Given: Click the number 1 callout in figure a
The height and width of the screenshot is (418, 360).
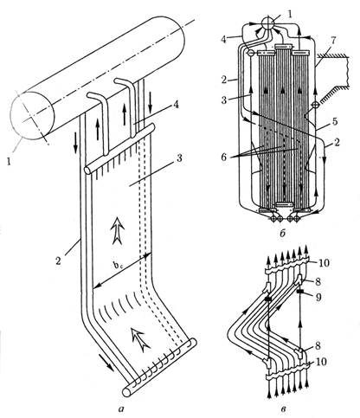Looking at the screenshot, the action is [x=9, y=161].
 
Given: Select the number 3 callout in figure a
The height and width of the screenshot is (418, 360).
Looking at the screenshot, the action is [x=179, y=158].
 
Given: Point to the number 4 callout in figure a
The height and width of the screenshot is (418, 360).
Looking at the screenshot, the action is [x=175, y=105].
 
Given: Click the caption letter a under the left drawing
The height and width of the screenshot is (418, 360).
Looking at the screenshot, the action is [x=121, y=408].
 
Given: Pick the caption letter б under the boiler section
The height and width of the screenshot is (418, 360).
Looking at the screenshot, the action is [x=283, y=233].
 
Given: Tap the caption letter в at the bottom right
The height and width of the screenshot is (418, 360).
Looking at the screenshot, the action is [x=283, y=409].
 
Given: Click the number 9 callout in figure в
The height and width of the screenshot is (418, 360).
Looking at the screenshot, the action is [x=318, y=297].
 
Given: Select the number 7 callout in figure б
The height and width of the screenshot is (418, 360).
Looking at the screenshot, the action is [x=333, y=41].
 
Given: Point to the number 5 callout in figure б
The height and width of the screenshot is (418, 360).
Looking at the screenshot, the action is [x=334, y=121].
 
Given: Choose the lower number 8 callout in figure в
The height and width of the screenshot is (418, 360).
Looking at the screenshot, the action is [x=318, y=345].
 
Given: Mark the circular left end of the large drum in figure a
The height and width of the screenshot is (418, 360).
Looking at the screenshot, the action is [x=32, y=115].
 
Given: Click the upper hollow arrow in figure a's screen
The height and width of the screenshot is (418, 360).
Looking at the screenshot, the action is [x=118, y=230].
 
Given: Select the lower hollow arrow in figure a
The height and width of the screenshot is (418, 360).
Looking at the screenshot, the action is [x=140, y=338].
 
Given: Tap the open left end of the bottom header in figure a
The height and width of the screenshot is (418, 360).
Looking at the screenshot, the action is [x=126, y=392].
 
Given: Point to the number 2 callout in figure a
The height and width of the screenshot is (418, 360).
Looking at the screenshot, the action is [x=59, y=261].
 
